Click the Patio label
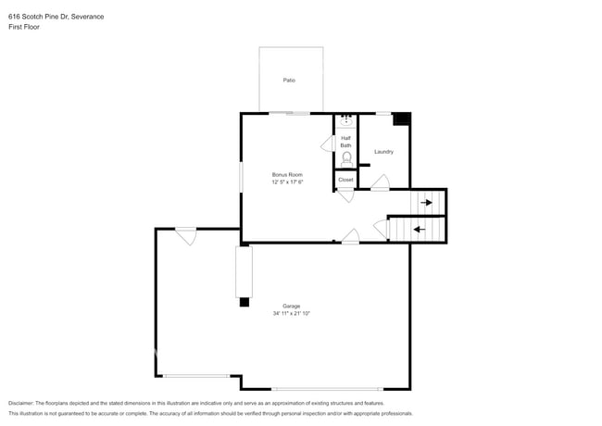(x=289, y=81)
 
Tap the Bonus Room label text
(x=287, y=174)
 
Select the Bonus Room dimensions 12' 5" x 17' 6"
(x=287, y=182)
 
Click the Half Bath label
(x=345, y=142)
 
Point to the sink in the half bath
(x=345, y=121)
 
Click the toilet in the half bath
(x=346, y=159)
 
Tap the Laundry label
(x=383, y=152)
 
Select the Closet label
(x=345, y=180)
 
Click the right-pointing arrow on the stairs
(x=426, y=202)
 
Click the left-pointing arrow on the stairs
(x=419, y=229)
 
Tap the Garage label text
(x=291, y=306)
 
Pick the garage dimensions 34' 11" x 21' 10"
(x=291, y=314)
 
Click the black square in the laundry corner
(x=401, y=119)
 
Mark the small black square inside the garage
(x=245, y=302)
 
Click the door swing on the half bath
(x=327, y=144)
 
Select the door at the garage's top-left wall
(x=186, y=235)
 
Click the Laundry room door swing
(x=380, y=183)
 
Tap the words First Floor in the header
(x=24, y=28)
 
